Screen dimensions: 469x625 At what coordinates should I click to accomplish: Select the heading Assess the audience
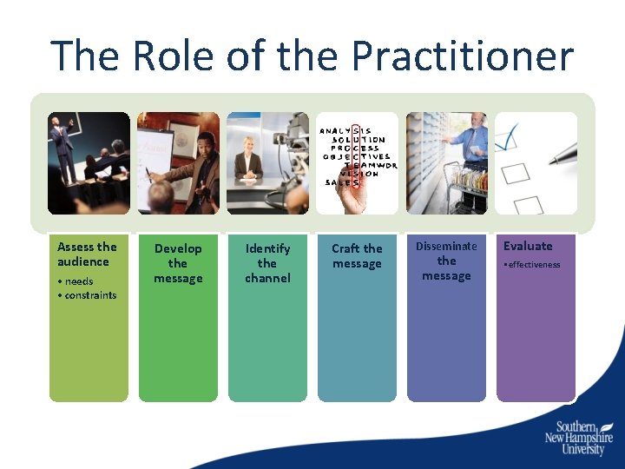(87, 254)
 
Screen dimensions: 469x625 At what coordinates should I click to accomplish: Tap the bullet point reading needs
(78, 281)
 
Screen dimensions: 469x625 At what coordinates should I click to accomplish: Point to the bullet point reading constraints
(89, 295)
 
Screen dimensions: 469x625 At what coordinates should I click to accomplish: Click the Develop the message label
(178, 263)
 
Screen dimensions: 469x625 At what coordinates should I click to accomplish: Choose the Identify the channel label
(267, 263)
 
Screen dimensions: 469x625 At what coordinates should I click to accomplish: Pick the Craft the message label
(357, 256)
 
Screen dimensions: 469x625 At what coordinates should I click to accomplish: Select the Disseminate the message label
(446, 261)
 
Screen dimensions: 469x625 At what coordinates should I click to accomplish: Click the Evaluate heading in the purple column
(528, 246)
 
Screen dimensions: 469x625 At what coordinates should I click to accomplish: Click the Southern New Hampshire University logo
(581, 438)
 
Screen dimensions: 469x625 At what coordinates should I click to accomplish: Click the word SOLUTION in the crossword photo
(359, 139)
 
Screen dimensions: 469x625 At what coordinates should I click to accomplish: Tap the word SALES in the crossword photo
(342, 182)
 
